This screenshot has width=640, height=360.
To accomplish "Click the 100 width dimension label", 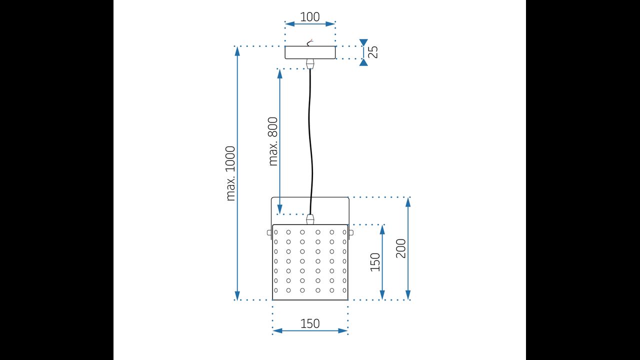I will pyautogui.click(x=310, y=16).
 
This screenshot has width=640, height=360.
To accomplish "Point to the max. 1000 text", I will pyautogui.click(x=230, y=173).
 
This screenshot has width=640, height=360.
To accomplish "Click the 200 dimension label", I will pyautogui.click(x=401, y=248).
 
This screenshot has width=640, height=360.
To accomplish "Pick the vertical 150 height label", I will pyautogui.click(x=375, y=262).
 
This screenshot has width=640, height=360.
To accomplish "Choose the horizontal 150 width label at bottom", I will pyautogui.click(x=310, y=323).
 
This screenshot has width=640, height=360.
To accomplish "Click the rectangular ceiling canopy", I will pyautogui.click(x=310, y=52).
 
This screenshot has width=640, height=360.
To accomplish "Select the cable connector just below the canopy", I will pyautogui.click(x=310, y=63).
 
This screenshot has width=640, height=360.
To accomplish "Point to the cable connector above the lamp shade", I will pyautogui.click(x=310, y=219).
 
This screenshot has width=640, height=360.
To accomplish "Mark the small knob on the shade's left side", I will pyautogui.click(x=269, y=232).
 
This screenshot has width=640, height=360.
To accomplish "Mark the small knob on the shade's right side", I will pyautogui.click(x=351, y=232).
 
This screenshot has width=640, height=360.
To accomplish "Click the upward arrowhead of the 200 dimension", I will pyautogui.click(x=408, y=201).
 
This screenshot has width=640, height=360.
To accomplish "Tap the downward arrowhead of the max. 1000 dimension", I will pyautogui.click(x=237, y=295).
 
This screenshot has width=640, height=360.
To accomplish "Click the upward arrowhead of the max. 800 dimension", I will pyautogui.click(x=280, y=73).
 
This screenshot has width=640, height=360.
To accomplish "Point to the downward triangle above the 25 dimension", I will pyautogui.click(x=363, y=42).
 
